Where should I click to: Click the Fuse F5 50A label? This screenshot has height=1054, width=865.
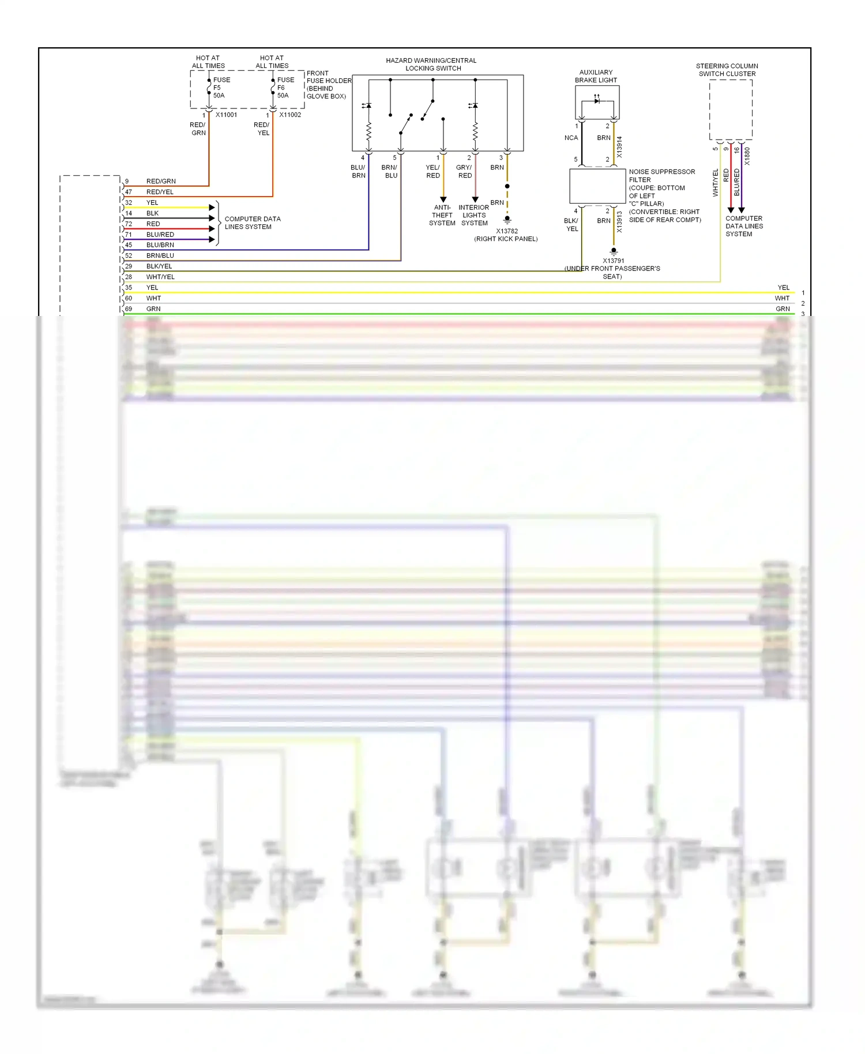(x=221, y=88)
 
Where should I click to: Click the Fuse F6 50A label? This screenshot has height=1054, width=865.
(x=285, y=88)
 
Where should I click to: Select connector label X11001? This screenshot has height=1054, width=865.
(x=226, y=115)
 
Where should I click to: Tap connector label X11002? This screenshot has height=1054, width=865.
(x=290, y=115)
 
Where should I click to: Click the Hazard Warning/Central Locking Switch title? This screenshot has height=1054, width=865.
(x=431, y=64)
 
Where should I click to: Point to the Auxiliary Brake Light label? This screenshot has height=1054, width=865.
(x=596, y=76)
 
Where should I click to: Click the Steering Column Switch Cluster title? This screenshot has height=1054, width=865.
(x=727, y=70)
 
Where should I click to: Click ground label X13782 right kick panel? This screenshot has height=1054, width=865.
(x=506, y=235)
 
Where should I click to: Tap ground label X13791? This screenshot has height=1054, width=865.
(x=613, y=261)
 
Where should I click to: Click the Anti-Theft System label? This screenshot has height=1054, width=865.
(x=442, y=215)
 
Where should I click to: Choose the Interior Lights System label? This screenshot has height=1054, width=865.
(x=474, y=215)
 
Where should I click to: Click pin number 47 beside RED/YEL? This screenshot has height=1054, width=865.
(x=129, y=192)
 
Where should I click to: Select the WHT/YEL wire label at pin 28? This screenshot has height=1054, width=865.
(x=160, y=277)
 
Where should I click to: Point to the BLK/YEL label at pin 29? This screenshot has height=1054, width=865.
(x=159, y=266)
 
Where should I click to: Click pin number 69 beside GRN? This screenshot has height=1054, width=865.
(x=129, y=309)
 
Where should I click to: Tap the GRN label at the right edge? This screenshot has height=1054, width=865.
(x=783, y=309)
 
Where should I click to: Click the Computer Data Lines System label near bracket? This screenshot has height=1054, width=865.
(x=252, y=223)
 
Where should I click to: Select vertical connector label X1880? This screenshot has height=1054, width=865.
(x=747, y=156)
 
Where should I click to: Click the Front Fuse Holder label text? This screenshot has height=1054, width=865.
(x=328, y=84)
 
